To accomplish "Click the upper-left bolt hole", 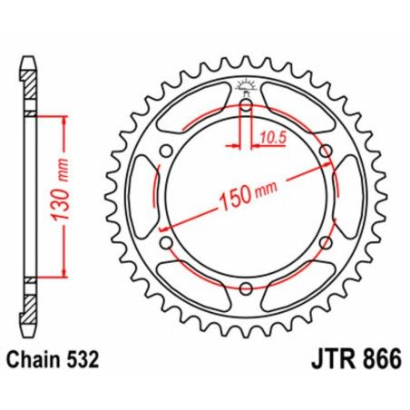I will tap(167, 151).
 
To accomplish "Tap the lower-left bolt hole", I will tap(167, 242).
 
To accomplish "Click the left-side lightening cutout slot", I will tap(144, 197).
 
